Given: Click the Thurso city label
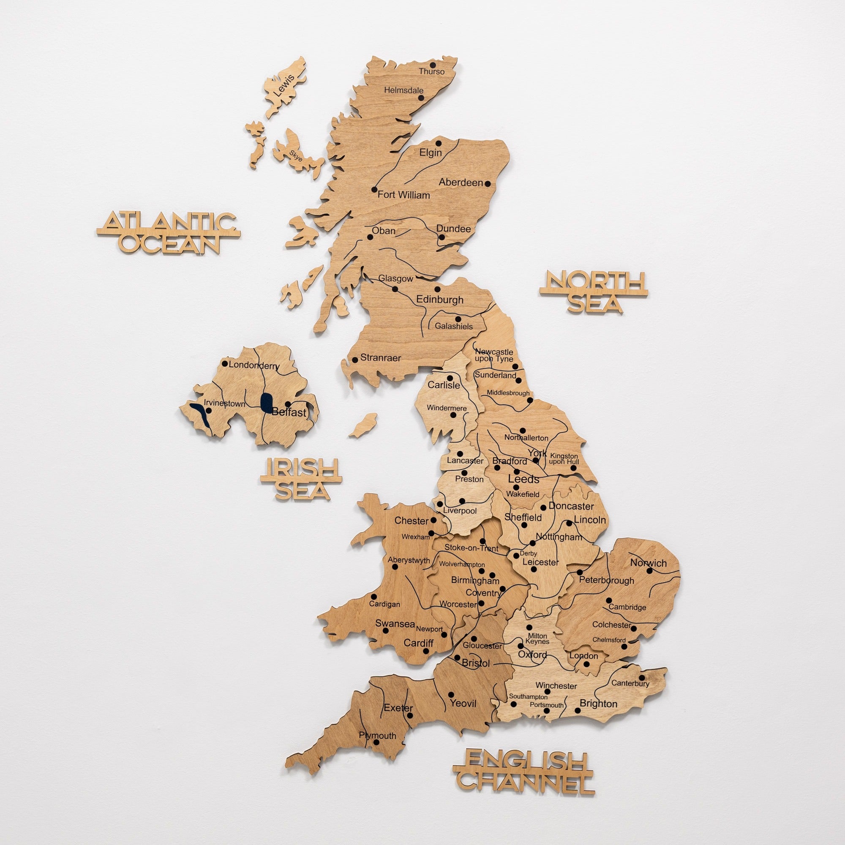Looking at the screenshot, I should pyautogui.click(x=431, y=71).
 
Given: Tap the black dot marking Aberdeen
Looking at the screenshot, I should pyautogui.click(x=488, y=184).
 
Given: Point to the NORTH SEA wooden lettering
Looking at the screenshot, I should pyautogui.click(x=594, y=292).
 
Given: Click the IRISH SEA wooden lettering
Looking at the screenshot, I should pyautogui.click(x=301, y=479).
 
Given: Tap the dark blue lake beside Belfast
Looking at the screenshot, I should pyautogui.click(x=266, y=402).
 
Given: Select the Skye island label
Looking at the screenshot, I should pyautogui.click(x=296, y=156).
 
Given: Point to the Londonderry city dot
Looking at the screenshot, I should pyautogui.click(x=225, y=363).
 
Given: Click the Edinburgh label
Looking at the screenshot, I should pyautogui.click(x=439, y=300).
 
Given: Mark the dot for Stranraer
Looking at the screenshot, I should pyautogui.click(x=355, y=360).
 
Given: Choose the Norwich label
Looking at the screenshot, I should pyautogui.click(x=648, y=563).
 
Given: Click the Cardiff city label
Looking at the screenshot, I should pyautogui.click(x=418, y=643).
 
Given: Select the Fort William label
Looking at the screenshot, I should pyautogui.click(x=403, y=195).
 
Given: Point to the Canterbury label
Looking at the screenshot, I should pyautogui.click(x=630, y=683).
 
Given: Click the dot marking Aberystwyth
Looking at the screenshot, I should pyautogui.click(x=395, y=567).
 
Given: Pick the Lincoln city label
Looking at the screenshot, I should pyautogui.click(x=589, y=520).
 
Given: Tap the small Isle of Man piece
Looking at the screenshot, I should pyautogui.click(x=364, y=425).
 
